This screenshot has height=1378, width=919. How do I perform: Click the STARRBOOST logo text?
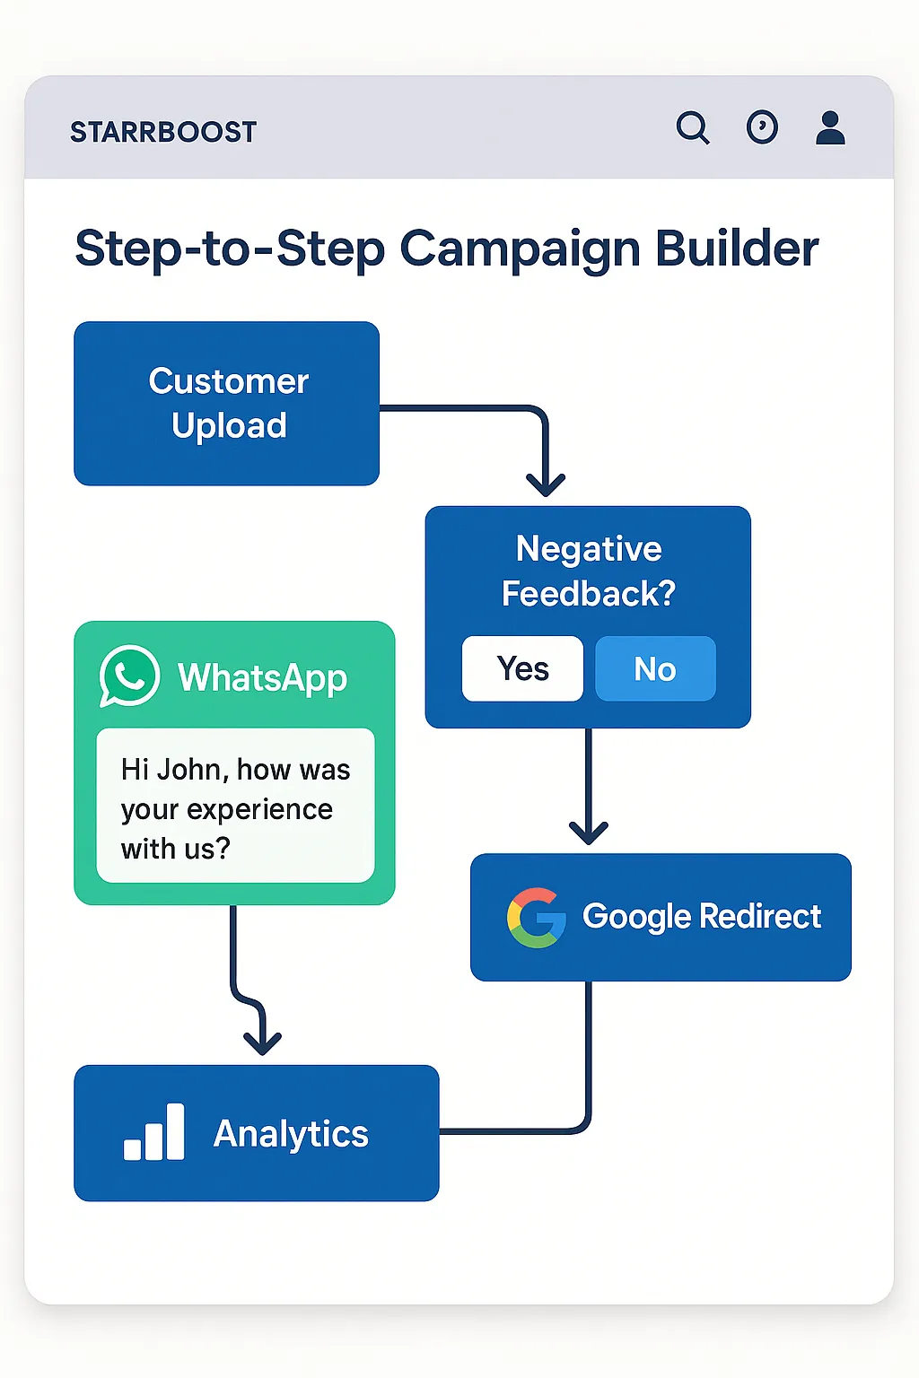tap(163, 132)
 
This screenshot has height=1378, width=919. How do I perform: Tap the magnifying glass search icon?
tap(693, 127)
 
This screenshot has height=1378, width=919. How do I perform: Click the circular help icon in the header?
tap(762, 127)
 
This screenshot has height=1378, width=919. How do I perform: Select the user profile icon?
tap(830, 127)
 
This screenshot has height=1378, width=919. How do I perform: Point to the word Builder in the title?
tap(737, 248)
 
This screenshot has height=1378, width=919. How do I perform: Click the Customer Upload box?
tap(226, 404)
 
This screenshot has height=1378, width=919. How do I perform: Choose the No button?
tap(655, 668)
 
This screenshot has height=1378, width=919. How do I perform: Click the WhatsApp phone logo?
tap(129, 676)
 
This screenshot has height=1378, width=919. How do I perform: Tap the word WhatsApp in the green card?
tap(263, 678)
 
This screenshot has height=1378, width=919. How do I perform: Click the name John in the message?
tap(193, 770)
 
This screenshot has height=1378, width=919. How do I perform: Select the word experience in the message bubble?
tap(259, 810)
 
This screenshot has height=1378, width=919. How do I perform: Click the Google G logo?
tap(536, 917)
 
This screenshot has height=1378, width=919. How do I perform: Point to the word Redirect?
tap(760, 916)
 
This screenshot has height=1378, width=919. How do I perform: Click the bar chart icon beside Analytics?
tap(153, 1132)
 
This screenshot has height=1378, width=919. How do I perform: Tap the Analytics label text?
tap(291, 1134)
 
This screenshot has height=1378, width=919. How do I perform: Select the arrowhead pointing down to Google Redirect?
tap(589, 833)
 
